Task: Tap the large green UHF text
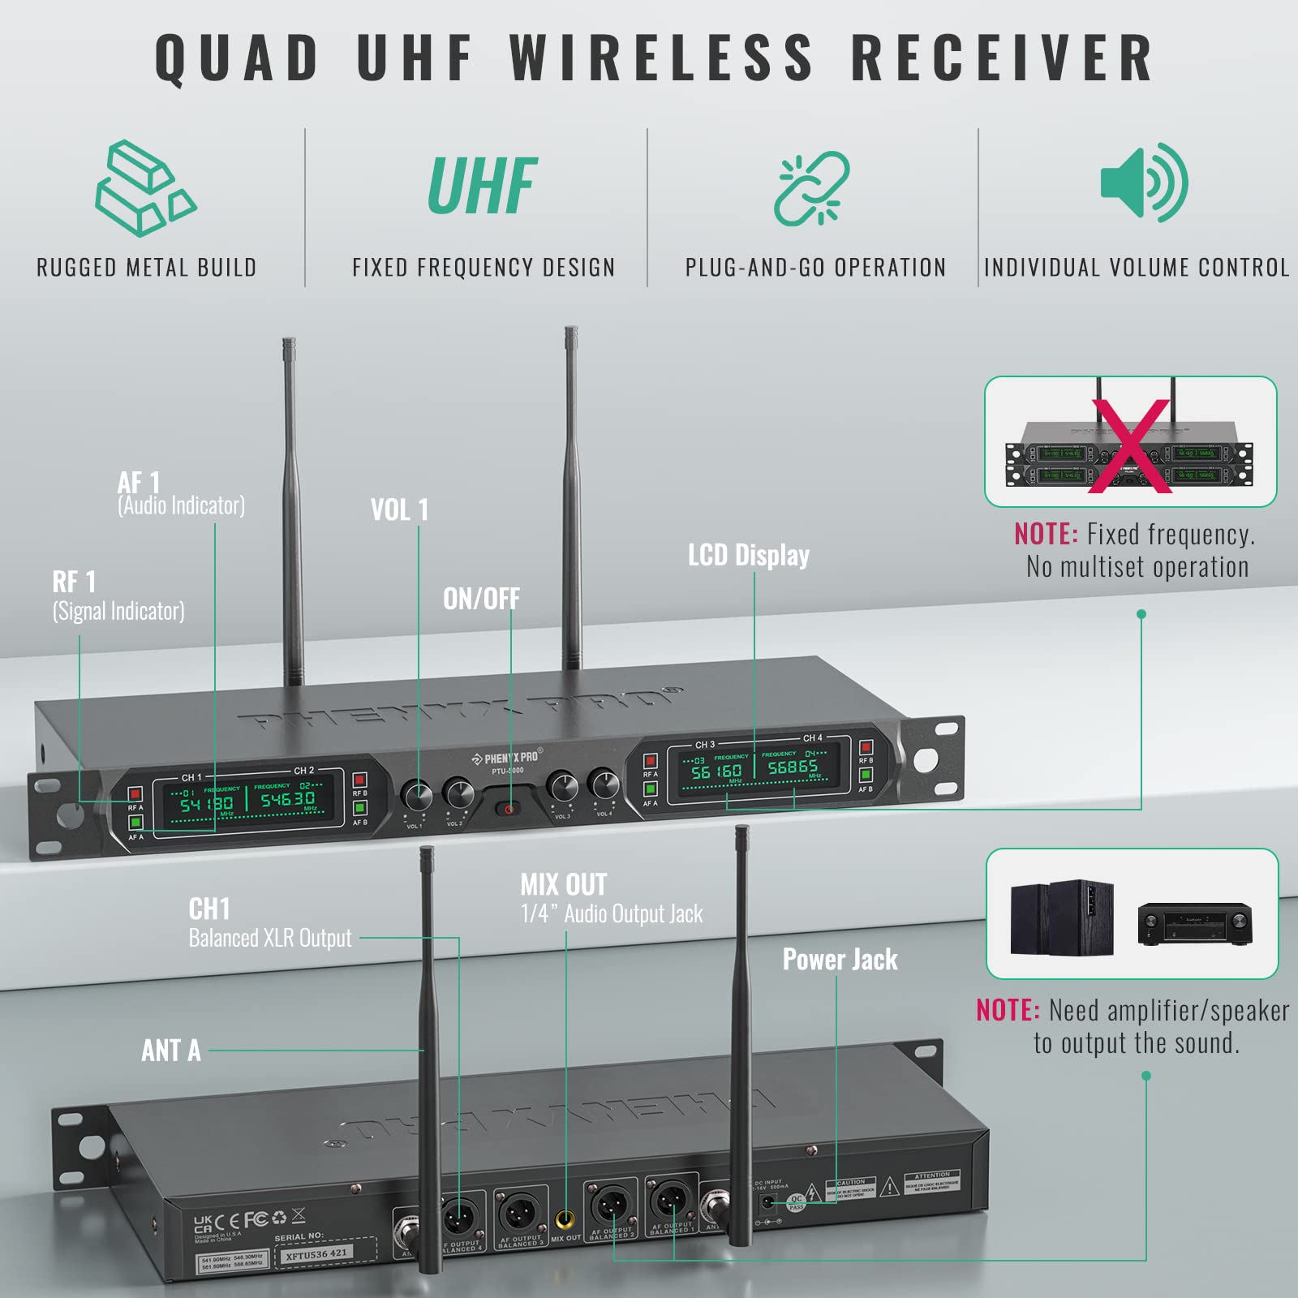(482, 187)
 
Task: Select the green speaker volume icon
(1144, 183)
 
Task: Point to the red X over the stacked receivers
(1130, 445)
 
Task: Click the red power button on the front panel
(509, 809)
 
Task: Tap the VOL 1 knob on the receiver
(417, 796)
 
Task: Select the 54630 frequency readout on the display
(287, 800)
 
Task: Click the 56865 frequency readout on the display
(793, 767)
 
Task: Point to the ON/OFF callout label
(481, 599)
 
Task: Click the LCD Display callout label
(748, 555)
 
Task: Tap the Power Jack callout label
(840, 960)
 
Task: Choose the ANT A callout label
(170, 1051)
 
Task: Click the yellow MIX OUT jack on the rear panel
(565, 1219)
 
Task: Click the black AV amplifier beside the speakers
(1194, 923)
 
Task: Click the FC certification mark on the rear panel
(256, 1219)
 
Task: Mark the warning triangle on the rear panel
(890, 1187)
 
